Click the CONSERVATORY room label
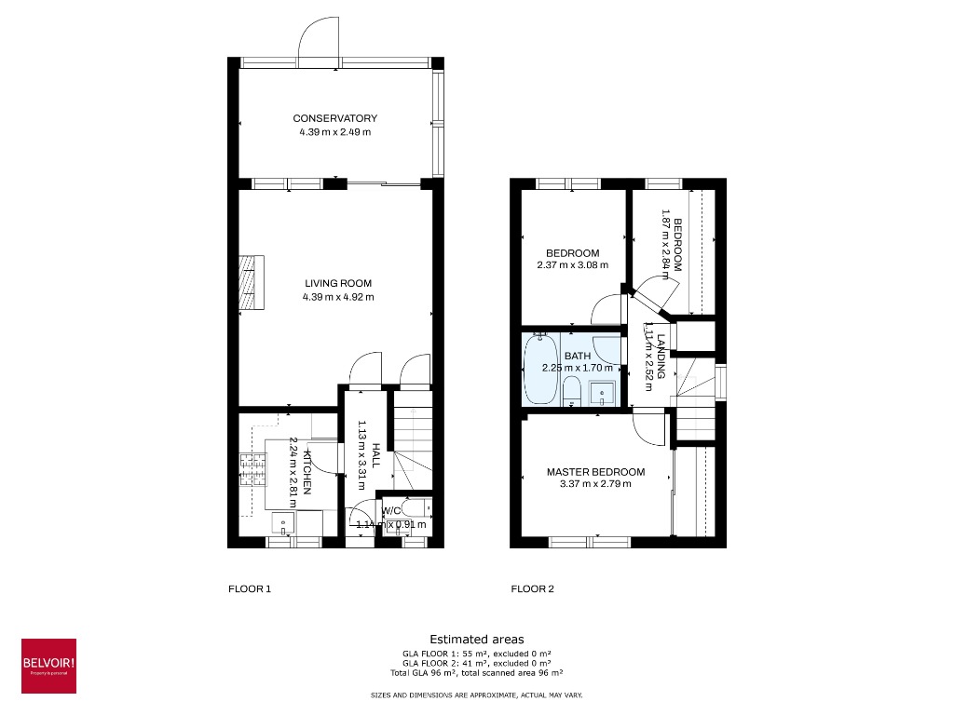pos(334,118)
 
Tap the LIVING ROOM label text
pos(337,283)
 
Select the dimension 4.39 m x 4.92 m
pos(337,298)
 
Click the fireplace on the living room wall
pos(251,282)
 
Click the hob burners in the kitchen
pos(252,471)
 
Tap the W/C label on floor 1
pos(391,510)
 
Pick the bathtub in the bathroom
pos(539,371)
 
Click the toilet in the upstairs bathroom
pos(572,392)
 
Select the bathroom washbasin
pos(604,392)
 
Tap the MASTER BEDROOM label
pos(595,472)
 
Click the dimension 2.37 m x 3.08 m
pos(572,265)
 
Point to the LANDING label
pos(661,356)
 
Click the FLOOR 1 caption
pos(250,588)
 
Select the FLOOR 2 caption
pos(532,588)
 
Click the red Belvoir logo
pos(48,665)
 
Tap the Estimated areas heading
pos(476,640)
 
